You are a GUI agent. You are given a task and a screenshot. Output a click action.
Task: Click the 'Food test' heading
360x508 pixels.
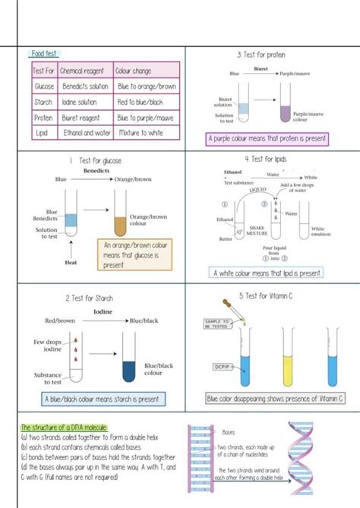[44, 54]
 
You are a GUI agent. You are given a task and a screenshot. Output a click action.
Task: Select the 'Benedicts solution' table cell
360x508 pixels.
[84, 87]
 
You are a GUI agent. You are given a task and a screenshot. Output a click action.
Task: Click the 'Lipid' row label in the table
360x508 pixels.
[41, 133]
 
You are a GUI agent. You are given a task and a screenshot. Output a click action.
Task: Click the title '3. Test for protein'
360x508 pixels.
[262, 55]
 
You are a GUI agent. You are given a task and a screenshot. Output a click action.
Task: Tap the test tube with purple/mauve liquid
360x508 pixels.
[285, 106]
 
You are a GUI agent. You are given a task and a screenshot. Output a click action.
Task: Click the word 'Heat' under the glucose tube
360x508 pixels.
[67, 263]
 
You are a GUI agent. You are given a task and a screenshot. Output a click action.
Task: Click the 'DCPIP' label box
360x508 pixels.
[222, 367]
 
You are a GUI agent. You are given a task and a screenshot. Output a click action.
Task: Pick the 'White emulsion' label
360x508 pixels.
[317, 231]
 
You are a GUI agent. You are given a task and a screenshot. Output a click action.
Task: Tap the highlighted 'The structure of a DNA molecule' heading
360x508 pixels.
[64, 428]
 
